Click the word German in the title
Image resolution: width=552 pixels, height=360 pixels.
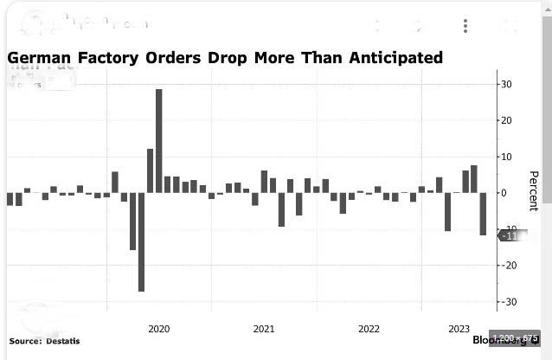(41, 58)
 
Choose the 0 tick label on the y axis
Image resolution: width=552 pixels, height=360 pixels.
(503, 193)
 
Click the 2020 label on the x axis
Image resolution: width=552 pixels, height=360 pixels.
(158, 329)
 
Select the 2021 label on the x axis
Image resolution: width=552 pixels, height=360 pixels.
(264, 329)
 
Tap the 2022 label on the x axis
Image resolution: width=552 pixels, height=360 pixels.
(369, 329)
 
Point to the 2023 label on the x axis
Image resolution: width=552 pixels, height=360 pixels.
(459, 329)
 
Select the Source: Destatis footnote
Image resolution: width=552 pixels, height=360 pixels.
(44, 341)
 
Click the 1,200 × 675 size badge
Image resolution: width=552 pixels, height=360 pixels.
(514, 337)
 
